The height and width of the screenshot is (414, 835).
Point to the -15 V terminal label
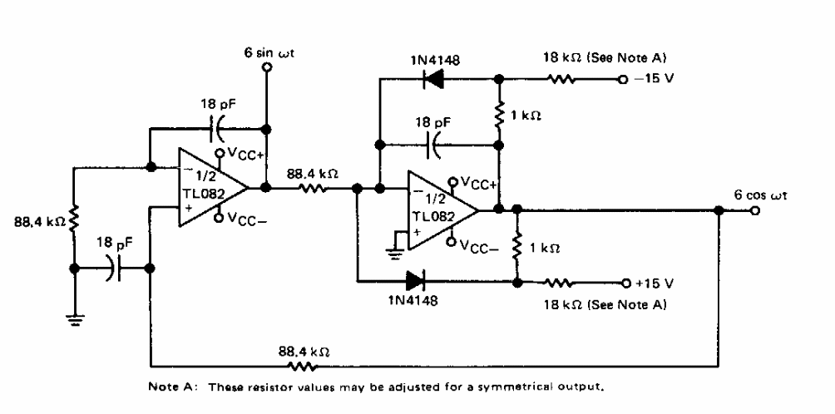[653, 81]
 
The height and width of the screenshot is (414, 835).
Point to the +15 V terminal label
[653, 282]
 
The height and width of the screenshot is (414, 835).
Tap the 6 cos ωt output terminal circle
[753, 209]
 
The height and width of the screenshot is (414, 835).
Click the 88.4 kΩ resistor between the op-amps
[314, 188]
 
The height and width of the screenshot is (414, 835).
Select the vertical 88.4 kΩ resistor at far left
[75, 220]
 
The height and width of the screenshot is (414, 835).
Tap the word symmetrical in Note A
[491, 387]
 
